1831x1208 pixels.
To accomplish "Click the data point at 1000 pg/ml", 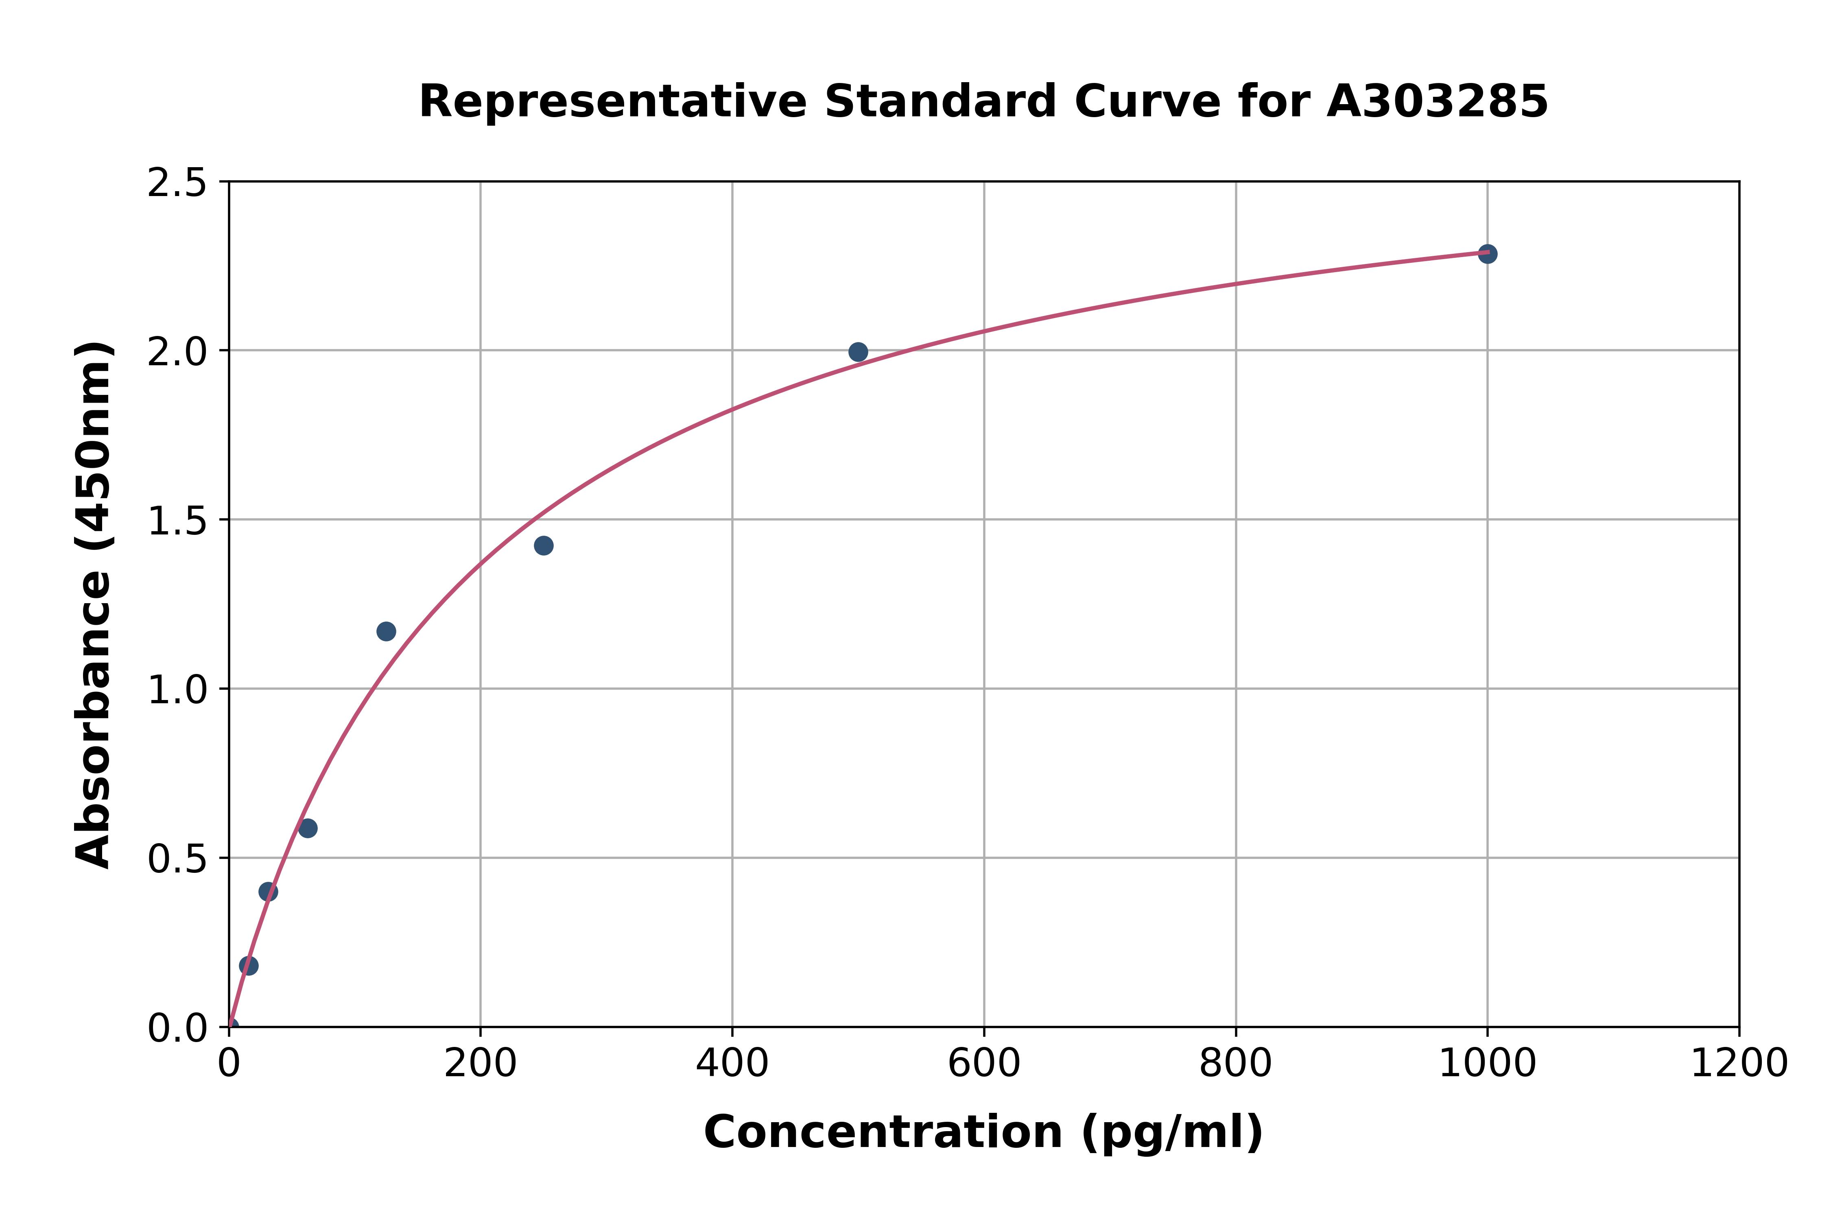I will pyautogui.click(x=1487, y=253).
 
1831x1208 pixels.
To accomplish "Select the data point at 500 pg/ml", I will pyautogui.click(x=858, y=352).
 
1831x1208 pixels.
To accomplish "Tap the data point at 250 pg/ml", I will pyautogui.click(x=543, y=545).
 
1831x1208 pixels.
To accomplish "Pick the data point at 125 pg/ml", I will pyautogui.click(x=386, y=632).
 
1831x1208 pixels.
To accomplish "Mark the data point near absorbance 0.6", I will pyautogui.click(x=308, y=828).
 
